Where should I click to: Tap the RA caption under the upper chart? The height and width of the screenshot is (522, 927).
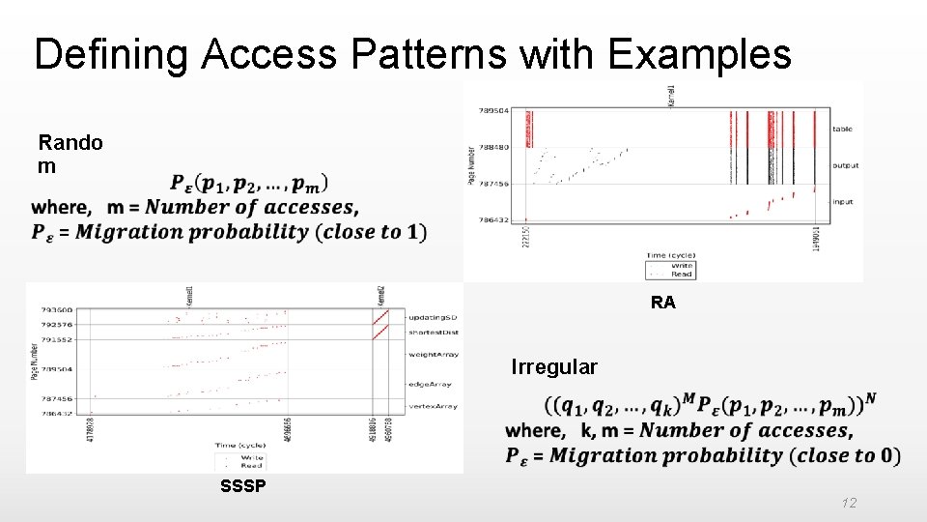pyautogui.click(x=663, y=303)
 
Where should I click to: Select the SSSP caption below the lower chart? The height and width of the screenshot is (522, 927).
pyautogui.click(x=242, y=486)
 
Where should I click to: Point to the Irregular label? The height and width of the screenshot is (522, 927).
pyautogui.click(x=554, y=367)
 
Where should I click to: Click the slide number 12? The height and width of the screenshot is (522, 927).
pyautogui.click(x=848, y=503)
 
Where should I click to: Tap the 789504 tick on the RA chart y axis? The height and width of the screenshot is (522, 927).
pyautogui.click(x=493, y=111)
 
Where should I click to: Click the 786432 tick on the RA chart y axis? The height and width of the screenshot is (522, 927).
pyautogui.click(x=493, y=220)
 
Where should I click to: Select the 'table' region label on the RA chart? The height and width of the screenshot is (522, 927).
pyautogui.click(x=843, y=129)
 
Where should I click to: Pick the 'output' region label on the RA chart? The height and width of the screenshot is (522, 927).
pyautogui.click(x=846, y=165)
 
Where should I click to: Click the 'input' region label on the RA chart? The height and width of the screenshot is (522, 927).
pyautogui.click(x=844, y=201)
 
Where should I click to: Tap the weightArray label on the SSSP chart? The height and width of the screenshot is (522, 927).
pyautogui.click(x=432, y=355)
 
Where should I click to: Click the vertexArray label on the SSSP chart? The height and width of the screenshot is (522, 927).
pyautogui.click(x=432, y=407)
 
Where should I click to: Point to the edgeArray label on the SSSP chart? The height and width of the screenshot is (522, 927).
pyautogui.click(x=429, y=384)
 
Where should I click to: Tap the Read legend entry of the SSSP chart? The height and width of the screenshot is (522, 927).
pyautogui.click(x=251, y=465)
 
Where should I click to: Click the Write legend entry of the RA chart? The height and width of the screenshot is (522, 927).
pyautogui.click(x=681, y=265)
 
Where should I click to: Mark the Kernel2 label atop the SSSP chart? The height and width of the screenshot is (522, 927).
pyautogui.click(x=380, y=296)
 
